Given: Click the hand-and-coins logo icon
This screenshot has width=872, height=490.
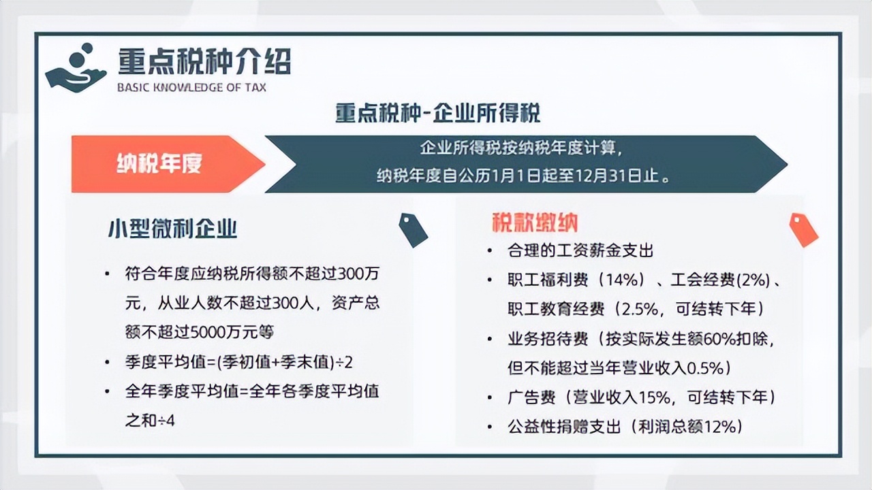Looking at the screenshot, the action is tap(76, 67).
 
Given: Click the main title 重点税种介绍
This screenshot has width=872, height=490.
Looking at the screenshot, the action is tap(204, 61).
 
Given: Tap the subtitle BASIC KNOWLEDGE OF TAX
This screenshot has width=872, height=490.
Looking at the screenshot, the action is tap(192, 88).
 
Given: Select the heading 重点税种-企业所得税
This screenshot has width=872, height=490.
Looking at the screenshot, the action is tap(438, 113).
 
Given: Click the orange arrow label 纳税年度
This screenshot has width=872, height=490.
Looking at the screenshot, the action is tap(159, 163).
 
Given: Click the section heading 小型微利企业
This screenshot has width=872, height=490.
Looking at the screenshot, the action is tap(172, 229).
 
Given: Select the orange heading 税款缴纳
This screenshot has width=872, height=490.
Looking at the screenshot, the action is tap(535, 223).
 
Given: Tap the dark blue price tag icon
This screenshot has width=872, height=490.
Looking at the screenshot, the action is tap(413, 230).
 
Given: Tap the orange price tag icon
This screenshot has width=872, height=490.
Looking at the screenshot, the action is tap(803, 230).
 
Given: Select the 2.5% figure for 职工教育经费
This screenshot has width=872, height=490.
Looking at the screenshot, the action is tap(640, 310).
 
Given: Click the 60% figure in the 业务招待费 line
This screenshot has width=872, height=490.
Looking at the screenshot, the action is tap(718, 340).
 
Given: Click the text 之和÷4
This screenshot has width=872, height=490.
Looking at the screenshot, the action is tap(150, 421).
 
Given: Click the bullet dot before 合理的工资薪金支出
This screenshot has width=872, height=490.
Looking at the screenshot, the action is tap(490, 251).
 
